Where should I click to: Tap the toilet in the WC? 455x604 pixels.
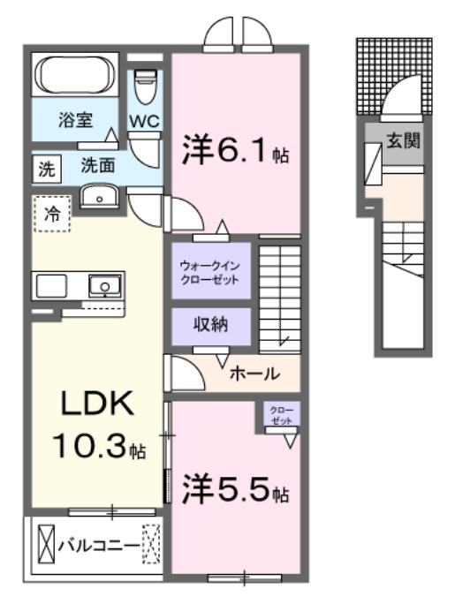click(144, 88)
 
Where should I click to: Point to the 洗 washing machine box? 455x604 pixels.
click(45, 165)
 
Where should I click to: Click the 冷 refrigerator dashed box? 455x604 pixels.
click(52, 214)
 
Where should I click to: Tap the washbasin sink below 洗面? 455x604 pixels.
click(100, 196)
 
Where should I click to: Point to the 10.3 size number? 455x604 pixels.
click(88, 448)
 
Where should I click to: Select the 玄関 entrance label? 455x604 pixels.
click(403, 140)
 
